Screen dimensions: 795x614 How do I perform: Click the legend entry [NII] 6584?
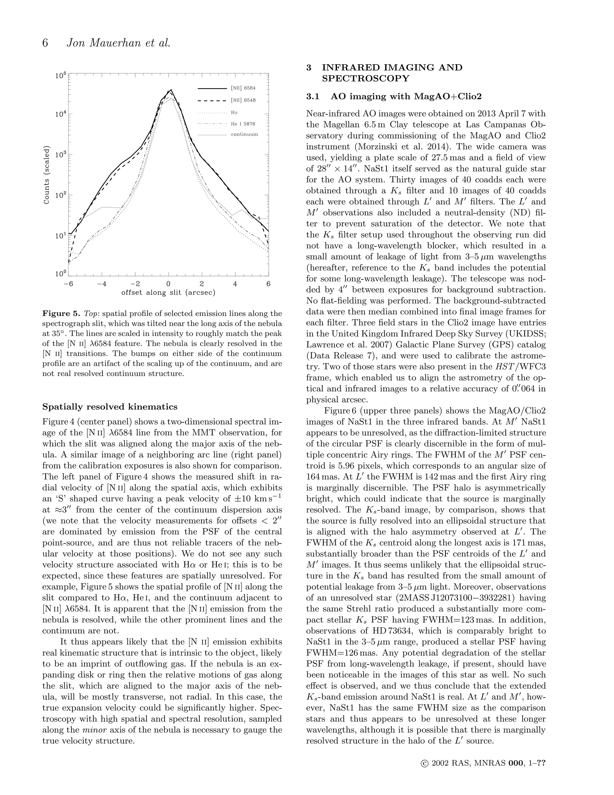click(243, 88)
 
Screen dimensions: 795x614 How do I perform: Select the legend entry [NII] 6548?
click(243, 100)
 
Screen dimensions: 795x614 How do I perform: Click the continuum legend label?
click(244, 134)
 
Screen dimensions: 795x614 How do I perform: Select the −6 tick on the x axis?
click(68, 284)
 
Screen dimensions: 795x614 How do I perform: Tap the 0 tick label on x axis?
click(168, 284)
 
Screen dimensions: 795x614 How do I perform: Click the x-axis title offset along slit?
click(168, 293)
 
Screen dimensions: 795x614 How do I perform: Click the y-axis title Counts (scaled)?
click(46, 175)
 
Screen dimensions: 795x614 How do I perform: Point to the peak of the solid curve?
click(171, 89)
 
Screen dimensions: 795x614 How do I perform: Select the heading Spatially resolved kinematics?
click(110, 406)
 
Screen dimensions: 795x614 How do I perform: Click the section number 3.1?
click(312, 97)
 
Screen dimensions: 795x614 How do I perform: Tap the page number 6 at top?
click(45, 43)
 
